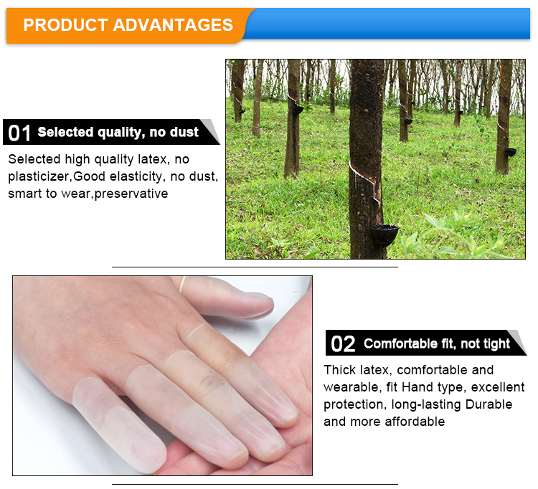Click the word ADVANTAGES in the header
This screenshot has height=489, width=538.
pos(173,25)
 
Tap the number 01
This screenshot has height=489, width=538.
pos(19,133)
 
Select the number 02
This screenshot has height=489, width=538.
pos(342,344)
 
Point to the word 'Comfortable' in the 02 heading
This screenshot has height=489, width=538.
pos(398,344)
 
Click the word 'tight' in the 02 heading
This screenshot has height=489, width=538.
pos(496,344)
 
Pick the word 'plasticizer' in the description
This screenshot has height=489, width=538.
pos(39,176)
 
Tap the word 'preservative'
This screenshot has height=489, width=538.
pos(131,194)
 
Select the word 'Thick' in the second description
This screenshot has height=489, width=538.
pos(339,370)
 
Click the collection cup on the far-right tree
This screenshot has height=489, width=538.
pos(510,152)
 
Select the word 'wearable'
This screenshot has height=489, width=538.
pos(349,387)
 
